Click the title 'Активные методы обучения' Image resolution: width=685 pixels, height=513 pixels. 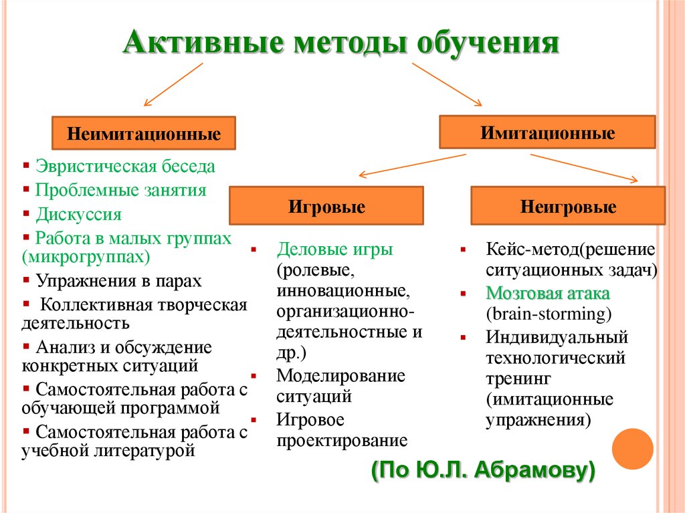[x=340, y=43]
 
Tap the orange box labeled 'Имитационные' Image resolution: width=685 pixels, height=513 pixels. [x=547, y=132]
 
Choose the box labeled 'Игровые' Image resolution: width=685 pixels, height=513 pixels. [x=326, y=206]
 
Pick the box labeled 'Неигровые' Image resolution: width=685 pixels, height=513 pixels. [x=568, y=206]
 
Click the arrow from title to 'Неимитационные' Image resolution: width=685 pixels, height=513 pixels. [x=173, y=85]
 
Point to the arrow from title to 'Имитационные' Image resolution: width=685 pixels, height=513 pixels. [x=446, y=84]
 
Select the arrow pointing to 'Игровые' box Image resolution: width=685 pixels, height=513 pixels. [x=411, y=165]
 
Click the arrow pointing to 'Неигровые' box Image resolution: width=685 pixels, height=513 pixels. [x=584, y=167]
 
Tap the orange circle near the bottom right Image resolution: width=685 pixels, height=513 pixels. [x=632, y=449]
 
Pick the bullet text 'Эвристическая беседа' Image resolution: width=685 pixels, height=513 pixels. [x=125, y=166]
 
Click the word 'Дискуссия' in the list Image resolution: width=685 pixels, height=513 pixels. [x=79, y=215]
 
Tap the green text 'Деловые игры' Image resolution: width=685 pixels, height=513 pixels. [x=335, y=250]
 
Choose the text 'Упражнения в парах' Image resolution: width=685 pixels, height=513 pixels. [x=118, y=280]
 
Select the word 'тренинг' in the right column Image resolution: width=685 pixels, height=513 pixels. [x=518, y=379]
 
